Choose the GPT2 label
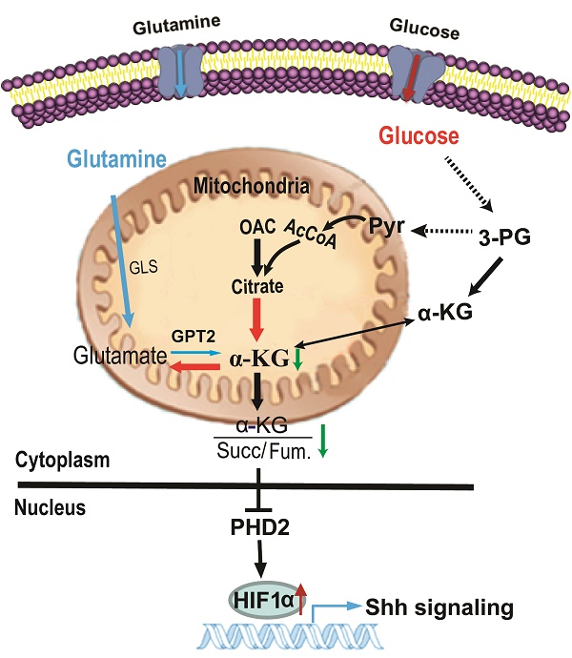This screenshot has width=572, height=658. [x=191, y=337]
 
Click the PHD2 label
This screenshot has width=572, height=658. [x=259, y=526]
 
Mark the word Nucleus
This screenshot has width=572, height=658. [x=51, y=509]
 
